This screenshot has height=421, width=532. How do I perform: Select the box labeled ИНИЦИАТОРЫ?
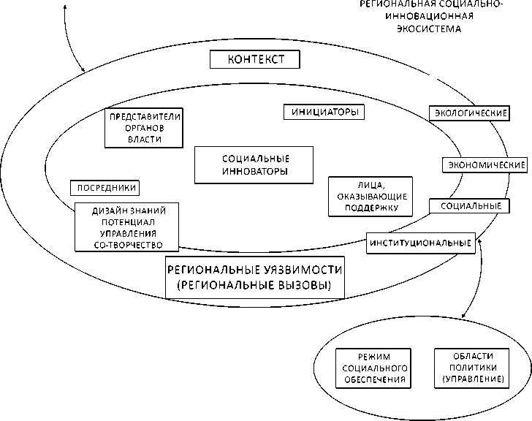tap(323, 113)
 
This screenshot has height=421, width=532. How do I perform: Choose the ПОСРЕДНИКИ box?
tap(106, 187)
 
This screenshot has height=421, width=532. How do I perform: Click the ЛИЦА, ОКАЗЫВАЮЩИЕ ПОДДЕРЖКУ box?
tap(367, 197)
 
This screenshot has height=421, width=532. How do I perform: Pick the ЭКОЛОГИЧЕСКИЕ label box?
tap(468, 113)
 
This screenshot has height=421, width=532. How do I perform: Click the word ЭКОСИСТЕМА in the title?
tap(430, 31)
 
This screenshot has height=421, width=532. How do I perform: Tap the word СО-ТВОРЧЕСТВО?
tap(129, 245)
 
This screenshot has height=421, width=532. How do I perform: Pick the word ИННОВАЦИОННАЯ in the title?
tap(430, 18)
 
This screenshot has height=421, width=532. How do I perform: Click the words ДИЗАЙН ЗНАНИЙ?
tap(129, 210)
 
